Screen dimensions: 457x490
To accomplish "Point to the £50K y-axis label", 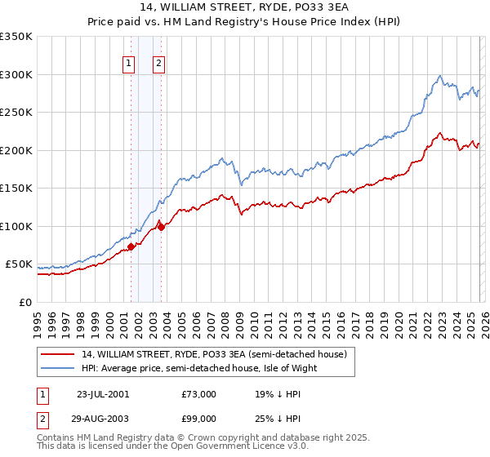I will click(18, 264).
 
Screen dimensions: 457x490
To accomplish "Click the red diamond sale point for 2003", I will click(162, 227).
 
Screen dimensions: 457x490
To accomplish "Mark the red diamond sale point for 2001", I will click(131, 246).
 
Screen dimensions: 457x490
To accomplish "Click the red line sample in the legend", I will click(59, 354).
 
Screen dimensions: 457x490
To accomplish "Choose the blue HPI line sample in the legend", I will click(59, 368).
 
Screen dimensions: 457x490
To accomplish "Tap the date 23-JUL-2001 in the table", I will click(102, 394).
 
